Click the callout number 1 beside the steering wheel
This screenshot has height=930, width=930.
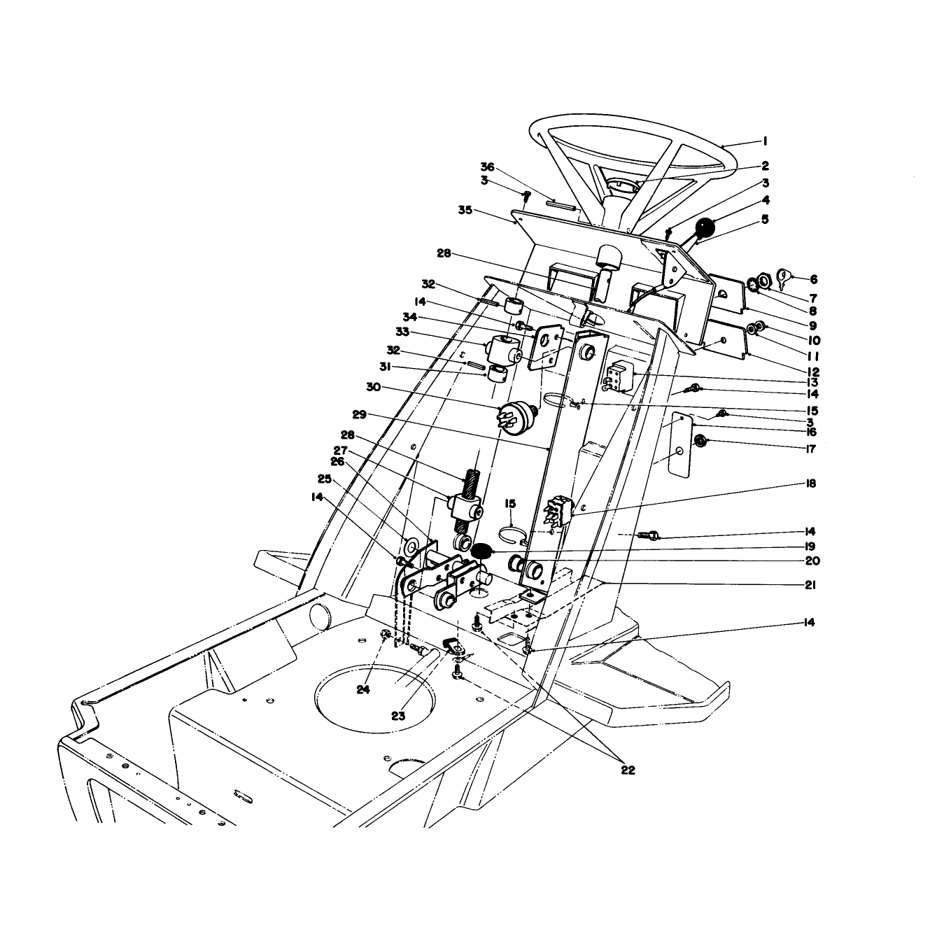click(765, 141)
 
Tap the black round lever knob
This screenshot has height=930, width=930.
click(705, 228)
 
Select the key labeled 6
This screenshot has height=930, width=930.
click(783, 279)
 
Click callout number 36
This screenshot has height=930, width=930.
click(488, 167)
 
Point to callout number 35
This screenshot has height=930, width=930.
click(465, 211)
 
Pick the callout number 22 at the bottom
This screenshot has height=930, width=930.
click(628, 770)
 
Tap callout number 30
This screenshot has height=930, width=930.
click(374, 387)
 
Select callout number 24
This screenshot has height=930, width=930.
click(363, 690)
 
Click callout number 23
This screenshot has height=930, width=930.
click(398, 716)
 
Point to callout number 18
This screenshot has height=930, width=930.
click(810, 483)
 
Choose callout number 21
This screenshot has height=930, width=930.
click(810, 585)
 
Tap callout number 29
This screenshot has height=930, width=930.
click(360, 414)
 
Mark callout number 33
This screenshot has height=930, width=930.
click(402, 332)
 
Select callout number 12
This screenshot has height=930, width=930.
click(812, 372)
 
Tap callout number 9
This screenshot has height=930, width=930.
click(812, 325)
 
